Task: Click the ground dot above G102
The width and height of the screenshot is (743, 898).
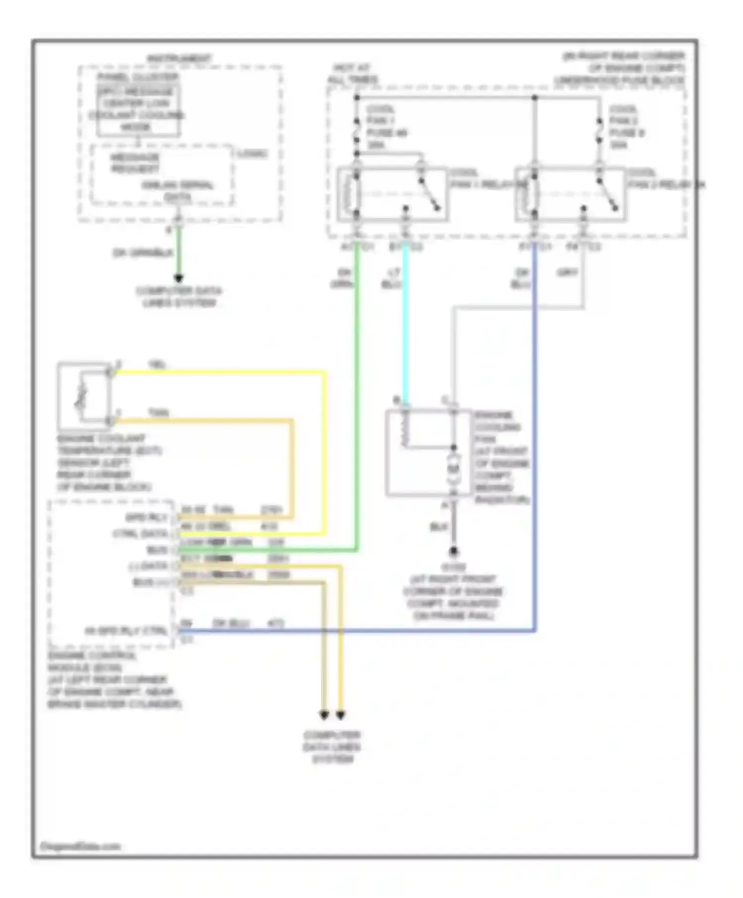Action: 453,551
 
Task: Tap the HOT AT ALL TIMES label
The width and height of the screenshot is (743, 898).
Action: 352,74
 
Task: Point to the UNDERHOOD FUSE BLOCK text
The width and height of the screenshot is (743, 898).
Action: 619,80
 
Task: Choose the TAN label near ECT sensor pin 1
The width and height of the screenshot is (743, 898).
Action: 158,412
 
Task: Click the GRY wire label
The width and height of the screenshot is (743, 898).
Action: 568,272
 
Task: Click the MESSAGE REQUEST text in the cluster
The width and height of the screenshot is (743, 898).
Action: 135,163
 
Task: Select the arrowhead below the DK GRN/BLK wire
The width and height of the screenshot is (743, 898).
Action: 178,279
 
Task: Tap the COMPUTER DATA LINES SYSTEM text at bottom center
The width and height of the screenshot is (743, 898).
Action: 332,747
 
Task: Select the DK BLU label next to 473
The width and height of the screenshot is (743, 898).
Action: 230,623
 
